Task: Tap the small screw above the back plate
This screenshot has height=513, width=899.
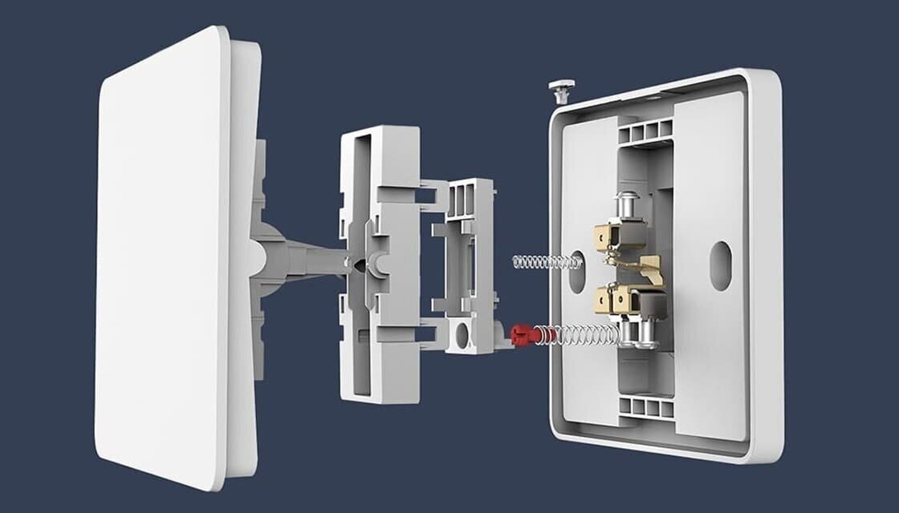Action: click(x=560, y=88)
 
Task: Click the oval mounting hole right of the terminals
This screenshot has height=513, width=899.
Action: click(x=720, y=265)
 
